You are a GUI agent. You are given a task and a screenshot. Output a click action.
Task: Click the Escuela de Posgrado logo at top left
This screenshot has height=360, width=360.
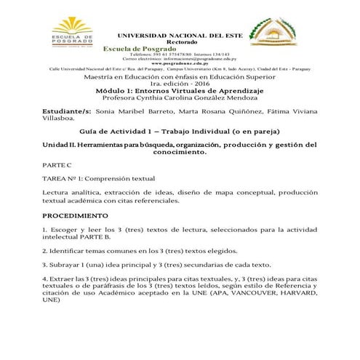click(73, 33)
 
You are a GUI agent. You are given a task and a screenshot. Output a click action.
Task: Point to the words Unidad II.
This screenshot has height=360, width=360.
click(62, 146)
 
